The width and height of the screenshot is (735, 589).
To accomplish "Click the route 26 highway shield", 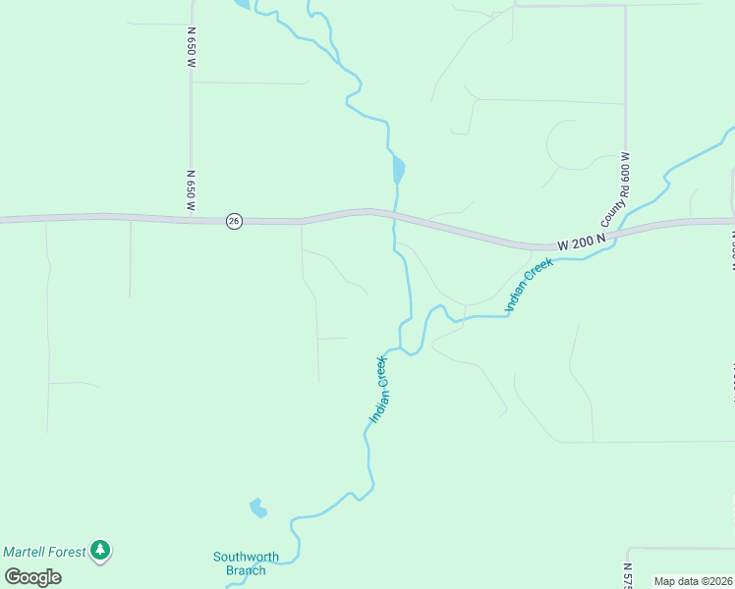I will [x=233, y=221].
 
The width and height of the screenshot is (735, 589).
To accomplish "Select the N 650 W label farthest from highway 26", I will [x=192, y=45].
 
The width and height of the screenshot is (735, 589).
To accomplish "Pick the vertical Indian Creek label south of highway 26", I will [x=380, y=390].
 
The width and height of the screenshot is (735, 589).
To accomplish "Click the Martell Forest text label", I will [x=44, y=552].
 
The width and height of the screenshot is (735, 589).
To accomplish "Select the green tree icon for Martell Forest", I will [x=99, y=552].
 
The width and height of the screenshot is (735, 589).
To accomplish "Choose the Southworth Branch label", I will [x=246, y=563].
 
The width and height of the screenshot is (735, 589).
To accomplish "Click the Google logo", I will [x=33, y=577].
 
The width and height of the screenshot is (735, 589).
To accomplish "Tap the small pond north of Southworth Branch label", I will [x=257, y=508].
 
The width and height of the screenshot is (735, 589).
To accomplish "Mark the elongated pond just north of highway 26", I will [x=397, y=170].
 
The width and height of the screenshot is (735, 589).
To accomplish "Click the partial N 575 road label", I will [x=627, y=575].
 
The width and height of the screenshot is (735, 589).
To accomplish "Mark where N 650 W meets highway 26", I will [x=191, y=219].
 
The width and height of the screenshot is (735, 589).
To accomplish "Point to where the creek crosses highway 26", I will [x=394, y=214].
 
